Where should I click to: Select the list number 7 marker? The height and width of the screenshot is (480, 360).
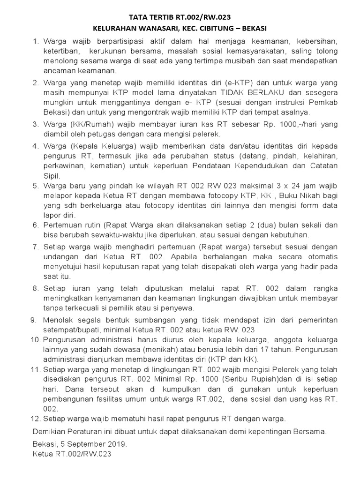36,247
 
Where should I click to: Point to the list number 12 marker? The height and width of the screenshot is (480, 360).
36,419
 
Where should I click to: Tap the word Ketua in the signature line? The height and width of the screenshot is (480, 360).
44,454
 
